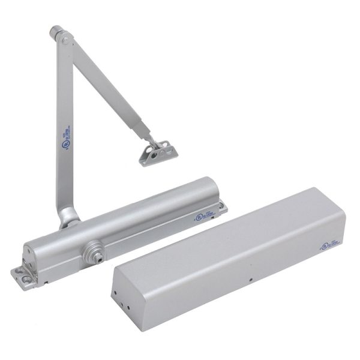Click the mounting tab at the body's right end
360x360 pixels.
224,208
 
